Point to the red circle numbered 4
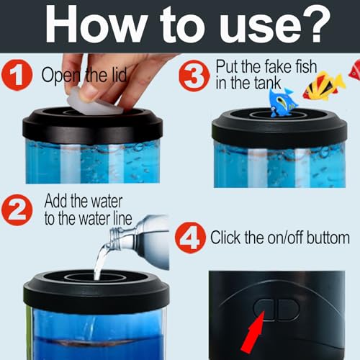point(192,238)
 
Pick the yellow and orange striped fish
point(323,85)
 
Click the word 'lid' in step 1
point(117,74)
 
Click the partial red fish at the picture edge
point(354,69)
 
